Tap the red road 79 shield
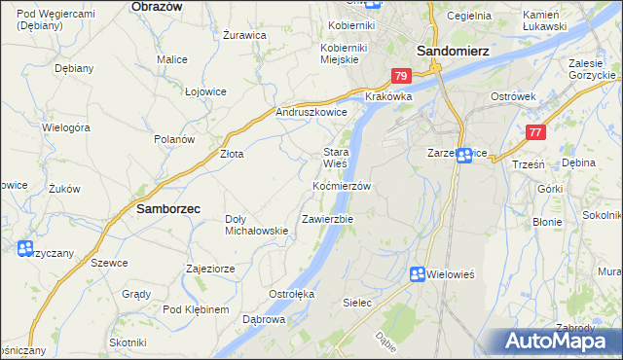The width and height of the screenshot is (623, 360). pyautogui.click(x=401, y=76)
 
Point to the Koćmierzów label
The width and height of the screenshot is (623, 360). pyautogui.click(x=342, y=185)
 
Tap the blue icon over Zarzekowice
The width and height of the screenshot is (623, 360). pyautogui.click(x=465, y=155)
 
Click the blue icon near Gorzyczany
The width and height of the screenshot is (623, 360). pyautogui.click(x=24, y=249)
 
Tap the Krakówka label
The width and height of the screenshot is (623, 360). pyautogui.click(x=388, y=97)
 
